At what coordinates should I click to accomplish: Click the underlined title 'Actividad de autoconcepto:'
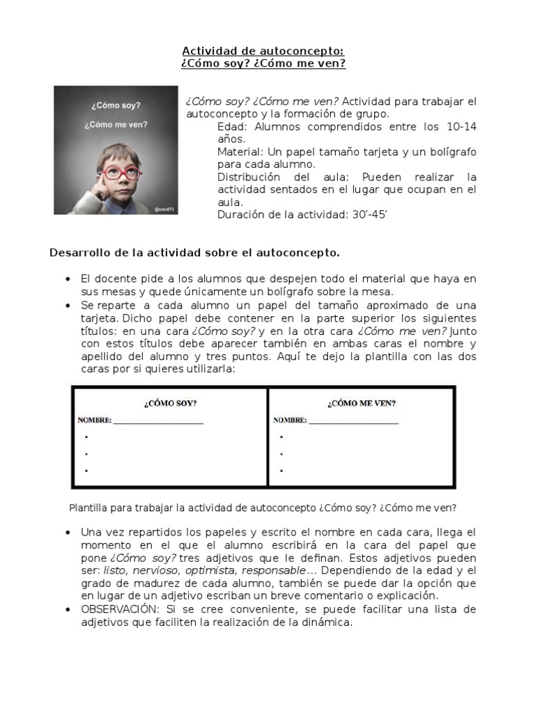point(263,51)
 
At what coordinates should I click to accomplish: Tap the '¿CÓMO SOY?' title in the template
point(170,402)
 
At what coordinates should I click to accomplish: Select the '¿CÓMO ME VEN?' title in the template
point(362,402)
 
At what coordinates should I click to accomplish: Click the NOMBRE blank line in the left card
point(158,421)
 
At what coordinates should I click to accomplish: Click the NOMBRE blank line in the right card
point(353,421)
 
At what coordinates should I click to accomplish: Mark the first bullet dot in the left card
point(86,437)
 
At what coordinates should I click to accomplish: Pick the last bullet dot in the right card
point(281,471)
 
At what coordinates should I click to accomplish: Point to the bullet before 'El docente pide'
point(68,279)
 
